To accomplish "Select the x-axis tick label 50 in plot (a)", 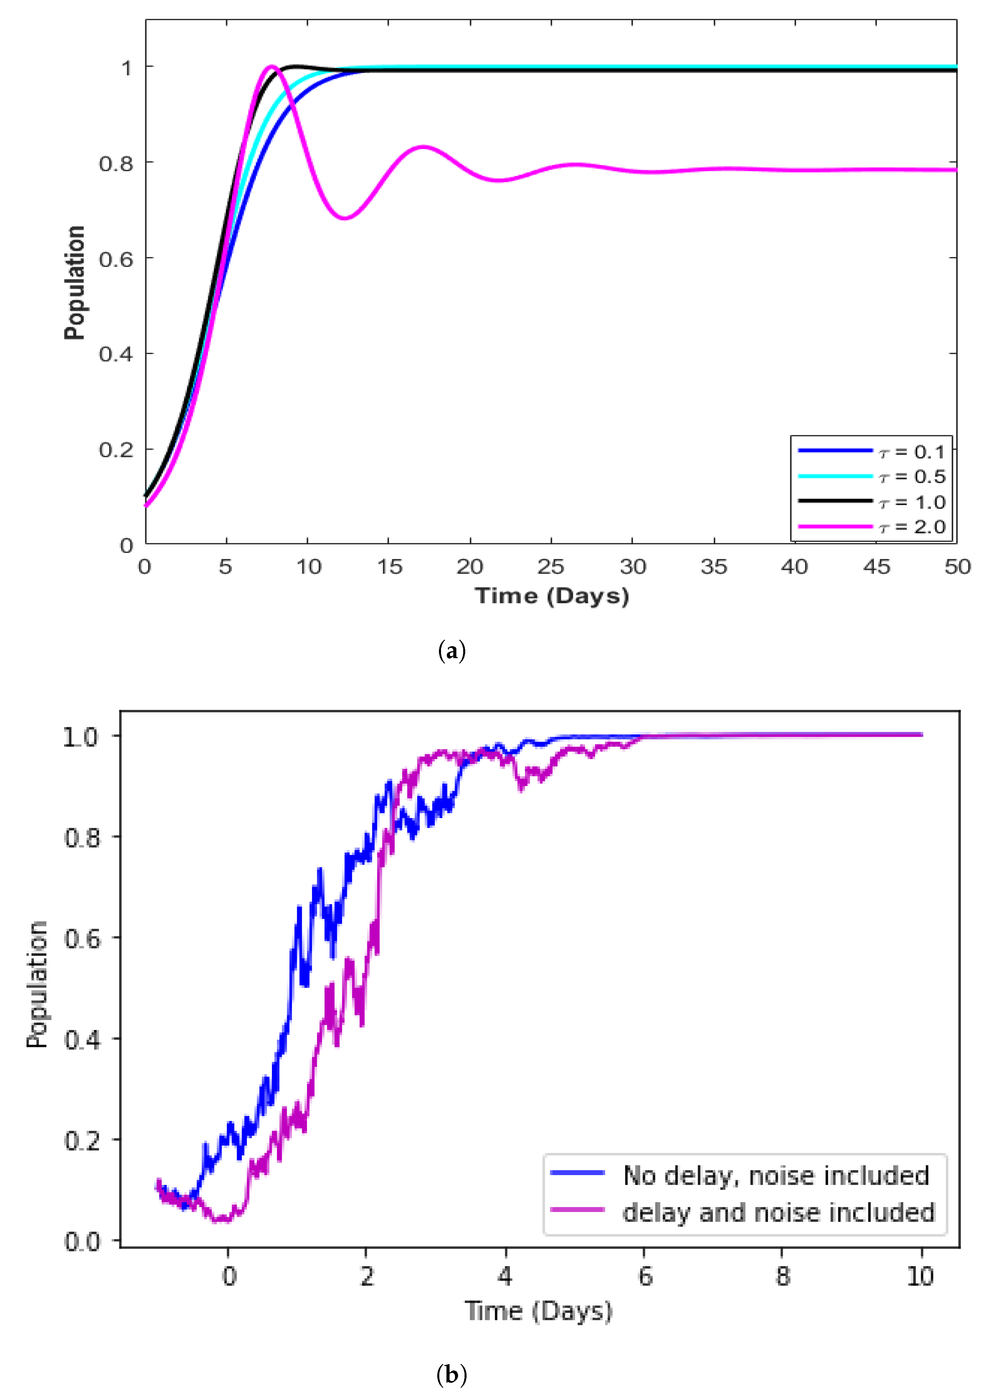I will click(x=957, y=566).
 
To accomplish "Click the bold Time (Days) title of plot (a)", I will click(x=552, y=596).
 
